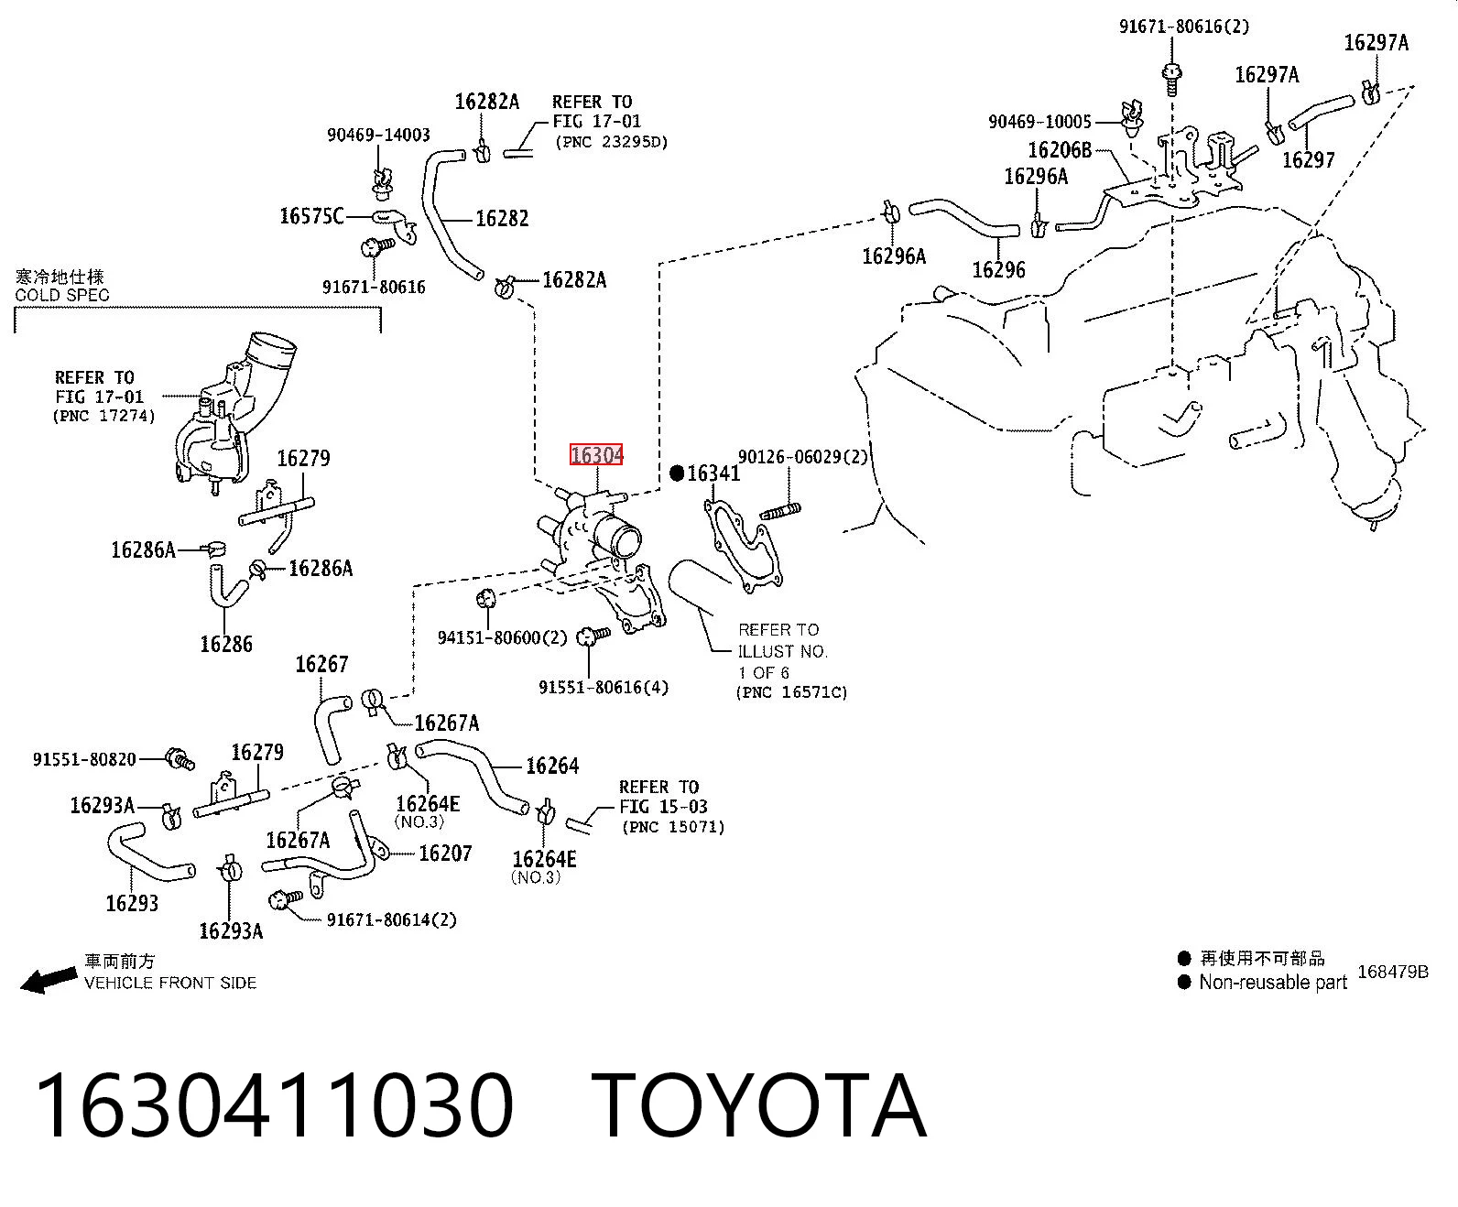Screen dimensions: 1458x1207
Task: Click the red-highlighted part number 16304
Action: (x=595, y=455)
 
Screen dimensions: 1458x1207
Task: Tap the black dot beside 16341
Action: (x=677, y=473)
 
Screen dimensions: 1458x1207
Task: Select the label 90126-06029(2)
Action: (x=803, y=457)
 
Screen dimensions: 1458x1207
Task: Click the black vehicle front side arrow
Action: (x=49, y=979)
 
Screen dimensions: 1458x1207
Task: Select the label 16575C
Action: (x=311, y=216)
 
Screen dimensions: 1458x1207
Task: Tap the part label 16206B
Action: (x=1060, y=149)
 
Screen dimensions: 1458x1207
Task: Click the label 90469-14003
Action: (x=378, y=135)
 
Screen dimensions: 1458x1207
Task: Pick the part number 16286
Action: (x=226, y=643)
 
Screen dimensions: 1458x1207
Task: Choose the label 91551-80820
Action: (x=84, y=759)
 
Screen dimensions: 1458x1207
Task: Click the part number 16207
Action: (x=445, y=853)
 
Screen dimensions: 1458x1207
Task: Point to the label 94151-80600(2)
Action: (x=503, y=637)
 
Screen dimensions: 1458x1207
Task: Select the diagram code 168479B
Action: (x=1393, y=972)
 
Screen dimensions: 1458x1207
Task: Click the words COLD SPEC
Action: (x=62, y=295)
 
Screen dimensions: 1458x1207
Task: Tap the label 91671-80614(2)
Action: (x=392, y=919)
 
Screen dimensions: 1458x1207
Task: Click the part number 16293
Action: (x=132, y=903)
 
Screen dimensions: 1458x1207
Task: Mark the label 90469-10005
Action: (x=1039, y=122)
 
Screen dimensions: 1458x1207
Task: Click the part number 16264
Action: (x=552, y=766)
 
